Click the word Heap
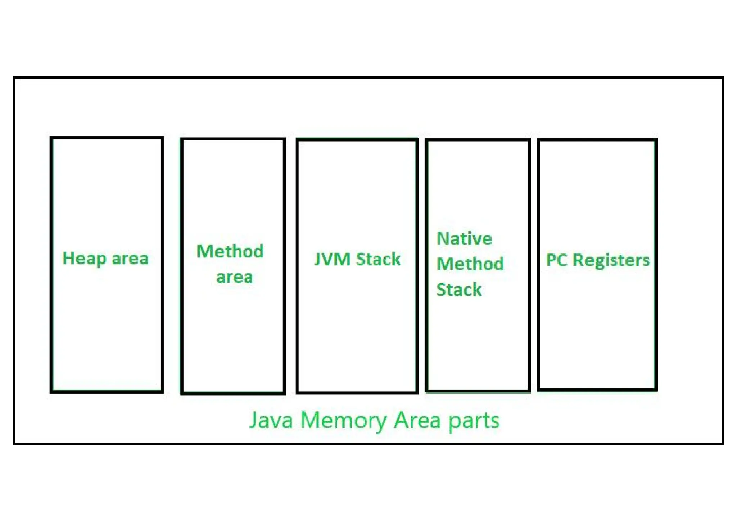[x=84, y=259]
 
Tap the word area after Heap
[x=130, y=259]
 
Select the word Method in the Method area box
[x=230, y=251]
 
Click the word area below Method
[x=234, y=277]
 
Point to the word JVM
[x=332, y=259]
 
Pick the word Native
[x=464, y=239]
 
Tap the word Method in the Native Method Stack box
[x=470, y=264]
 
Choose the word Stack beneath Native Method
[x=459, y=289]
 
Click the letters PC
[x=556, y=260]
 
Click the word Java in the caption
[x=271, y=420]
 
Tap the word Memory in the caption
[x=343, y=420]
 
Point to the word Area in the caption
[x=417, y=420]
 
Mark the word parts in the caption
[x=474, y=420]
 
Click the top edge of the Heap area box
[x=107, y=138]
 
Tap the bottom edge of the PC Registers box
[x=597, y=389]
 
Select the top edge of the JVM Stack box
[x=357, y=140]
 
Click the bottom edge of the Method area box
[x=233, y=393]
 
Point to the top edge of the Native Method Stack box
[x=478, y=140]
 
